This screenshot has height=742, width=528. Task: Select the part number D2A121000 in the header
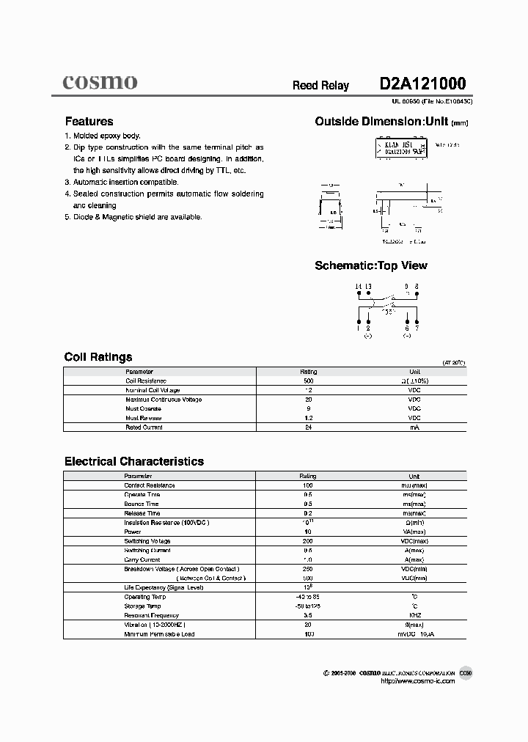[422, 84]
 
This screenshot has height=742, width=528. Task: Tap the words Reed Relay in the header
[320, 86]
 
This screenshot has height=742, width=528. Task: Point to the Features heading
[89, 122]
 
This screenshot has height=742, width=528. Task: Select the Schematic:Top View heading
[370, 265]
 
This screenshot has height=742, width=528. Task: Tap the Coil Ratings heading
[98, 357]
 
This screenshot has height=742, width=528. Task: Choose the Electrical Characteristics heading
[133, 461]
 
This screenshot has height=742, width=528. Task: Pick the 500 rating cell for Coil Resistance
[308, 381]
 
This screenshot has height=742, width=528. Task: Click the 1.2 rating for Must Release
[308, 418]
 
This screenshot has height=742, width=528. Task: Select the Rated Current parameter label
[144, 427]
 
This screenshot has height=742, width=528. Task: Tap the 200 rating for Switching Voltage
[308, 541]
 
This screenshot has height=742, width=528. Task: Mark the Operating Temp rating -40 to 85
[308, 597]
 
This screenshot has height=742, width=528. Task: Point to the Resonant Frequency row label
[151, 615]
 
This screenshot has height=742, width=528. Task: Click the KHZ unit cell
[414, 615]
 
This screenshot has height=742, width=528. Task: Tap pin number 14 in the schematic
[359, 286]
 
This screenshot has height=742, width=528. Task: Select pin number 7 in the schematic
[416, 328]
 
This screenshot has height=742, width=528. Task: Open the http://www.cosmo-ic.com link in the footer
[418, 681]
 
